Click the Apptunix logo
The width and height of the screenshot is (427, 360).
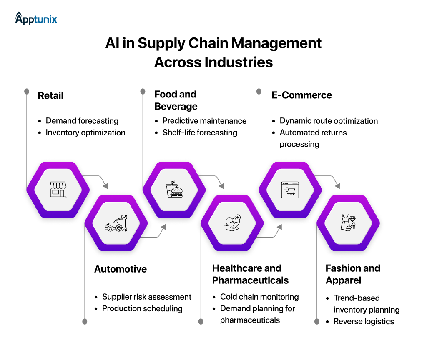point(36,18)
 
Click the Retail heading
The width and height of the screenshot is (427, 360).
point(50,95)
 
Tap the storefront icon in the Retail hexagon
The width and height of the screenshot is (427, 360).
point(58,190)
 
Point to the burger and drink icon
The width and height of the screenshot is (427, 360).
point(174,190)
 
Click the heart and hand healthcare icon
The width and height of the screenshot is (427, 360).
point(232,224)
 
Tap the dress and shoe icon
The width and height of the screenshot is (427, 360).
point(348,224)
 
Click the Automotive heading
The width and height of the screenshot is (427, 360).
point(121,269)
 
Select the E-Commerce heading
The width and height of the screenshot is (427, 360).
point(301,95)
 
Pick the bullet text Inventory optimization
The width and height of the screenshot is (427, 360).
point(85,132)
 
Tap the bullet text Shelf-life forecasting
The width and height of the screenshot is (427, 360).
point(200,132)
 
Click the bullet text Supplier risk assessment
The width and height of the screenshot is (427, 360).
point(147,297)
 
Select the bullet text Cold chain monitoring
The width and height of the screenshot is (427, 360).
point(259,297)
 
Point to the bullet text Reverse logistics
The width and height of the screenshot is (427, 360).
point(364,321)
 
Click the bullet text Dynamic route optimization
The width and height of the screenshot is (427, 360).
point(329,121)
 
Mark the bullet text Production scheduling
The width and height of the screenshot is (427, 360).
point(142,308)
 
